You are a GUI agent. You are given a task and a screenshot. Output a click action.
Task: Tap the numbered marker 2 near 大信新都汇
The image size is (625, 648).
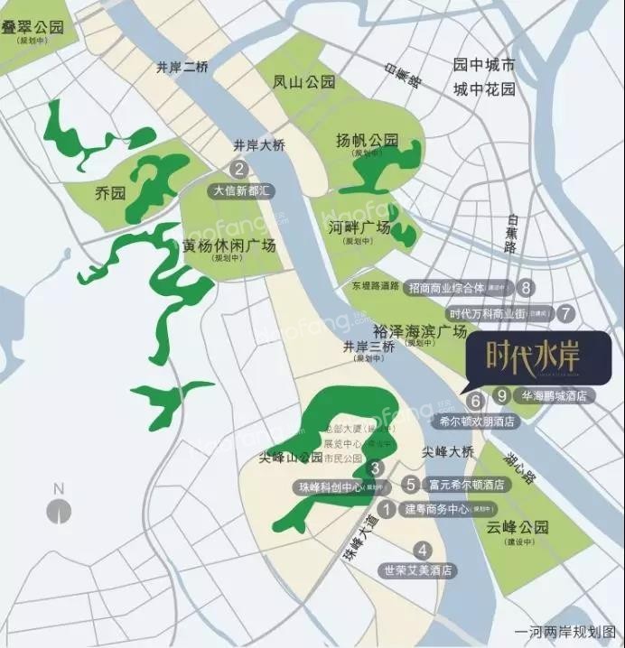tap(238, 168)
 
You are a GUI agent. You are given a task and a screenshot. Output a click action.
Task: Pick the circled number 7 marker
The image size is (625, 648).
tap(566, 314)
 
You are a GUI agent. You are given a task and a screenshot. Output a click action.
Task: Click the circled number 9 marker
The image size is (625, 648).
tap(502, 394)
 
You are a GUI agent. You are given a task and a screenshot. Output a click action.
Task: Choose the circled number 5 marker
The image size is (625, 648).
tap(410, 484)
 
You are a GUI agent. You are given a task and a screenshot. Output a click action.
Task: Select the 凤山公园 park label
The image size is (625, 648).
tap(304, 81)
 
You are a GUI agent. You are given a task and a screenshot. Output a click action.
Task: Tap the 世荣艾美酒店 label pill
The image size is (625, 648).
tap(416, 570)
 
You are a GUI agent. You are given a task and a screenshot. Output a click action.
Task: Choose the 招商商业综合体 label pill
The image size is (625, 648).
tap(458, 287)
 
